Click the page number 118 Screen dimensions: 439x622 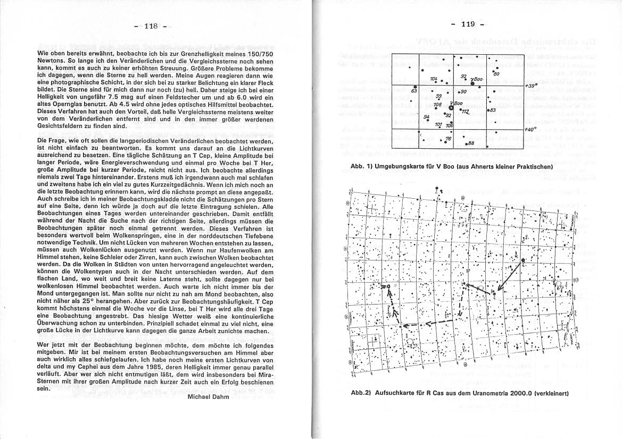(x=152, y=27)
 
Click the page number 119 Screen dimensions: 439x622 (x=468, y=24)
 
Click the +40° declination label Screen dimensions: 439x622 (x=530, y=129)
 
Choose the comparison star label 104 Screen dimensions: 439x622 (x=434, y=79)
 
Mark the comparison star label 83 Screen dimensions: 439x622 (x=493, y=110)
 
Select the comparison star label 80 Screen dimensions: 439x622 (x=496, y=74)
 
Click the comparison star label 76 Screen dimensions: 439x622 (x=448, y=139)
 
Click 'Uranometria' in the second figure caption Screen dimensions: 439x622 (x=492, y=394)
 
